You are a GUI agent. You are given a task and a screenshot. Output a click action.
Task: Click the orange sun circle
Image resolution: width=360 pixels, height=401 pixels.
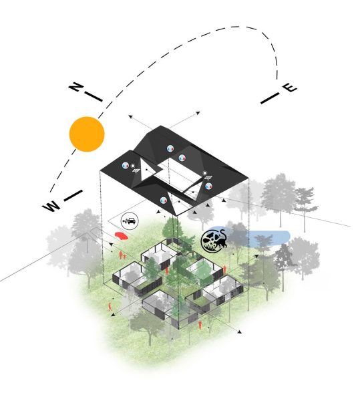[x=87, y=134]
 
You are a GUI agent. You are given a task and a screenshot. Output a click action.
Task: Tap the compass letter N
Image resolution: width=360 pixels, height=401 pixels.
[x=75, y=88]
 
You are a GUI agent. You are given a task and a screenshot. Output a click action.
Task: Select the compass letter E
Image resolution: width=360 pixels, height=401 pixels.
[x=291, y=88]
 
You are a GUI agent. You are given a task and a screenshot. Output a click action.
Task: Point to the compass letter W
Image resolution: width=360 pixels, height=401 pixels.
[x=51, y=206]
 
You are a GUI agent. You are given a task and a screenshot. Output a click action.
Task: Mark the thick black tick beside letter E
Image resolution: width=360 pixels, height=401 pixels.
[x=270, y=98]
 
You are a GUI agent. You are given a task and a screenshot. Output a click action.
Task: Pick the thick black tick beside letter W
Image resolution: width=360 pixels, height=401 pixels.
[x=73, y=196]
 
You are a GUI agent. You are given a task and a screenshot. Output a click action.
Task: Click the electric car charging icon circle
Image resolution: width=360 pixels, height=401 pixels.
[x=130, y=221]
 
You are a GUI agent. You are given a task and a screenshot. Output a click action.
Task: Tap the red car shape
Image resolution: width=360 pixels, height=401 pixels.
[x=121, y=236]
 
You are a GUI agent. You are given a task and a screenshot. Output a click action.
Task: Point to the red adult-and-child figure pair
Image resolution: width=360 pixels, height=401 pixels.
[x=122, y=255]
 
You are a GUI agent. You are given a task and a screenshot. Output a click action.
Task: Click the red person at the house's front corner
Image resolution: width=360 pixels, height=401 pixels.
[x=200, y=325]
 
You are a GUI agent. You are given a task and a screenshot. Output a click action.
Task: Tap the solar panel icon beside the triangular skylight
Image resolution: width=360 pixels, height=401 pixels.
[x=136, y=170]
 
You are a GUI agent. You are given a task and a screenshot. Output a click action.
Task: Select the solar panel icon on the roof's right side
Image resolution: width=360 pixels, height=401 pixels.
[x=208, y=178]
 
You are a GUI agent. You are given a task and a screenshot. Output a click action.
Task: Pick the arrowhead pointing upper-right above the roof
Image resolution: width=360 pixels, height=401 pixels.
[x=198, y=113]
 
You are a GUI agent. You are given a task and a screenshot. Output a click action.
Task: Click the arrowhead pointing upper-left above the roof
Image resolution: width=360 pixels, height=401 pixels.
[x=130, y=117]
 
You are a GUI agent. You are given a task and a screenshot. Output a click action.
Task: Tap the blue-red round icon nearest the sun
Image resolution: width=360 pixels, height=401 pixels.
[x=125, y=165]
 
